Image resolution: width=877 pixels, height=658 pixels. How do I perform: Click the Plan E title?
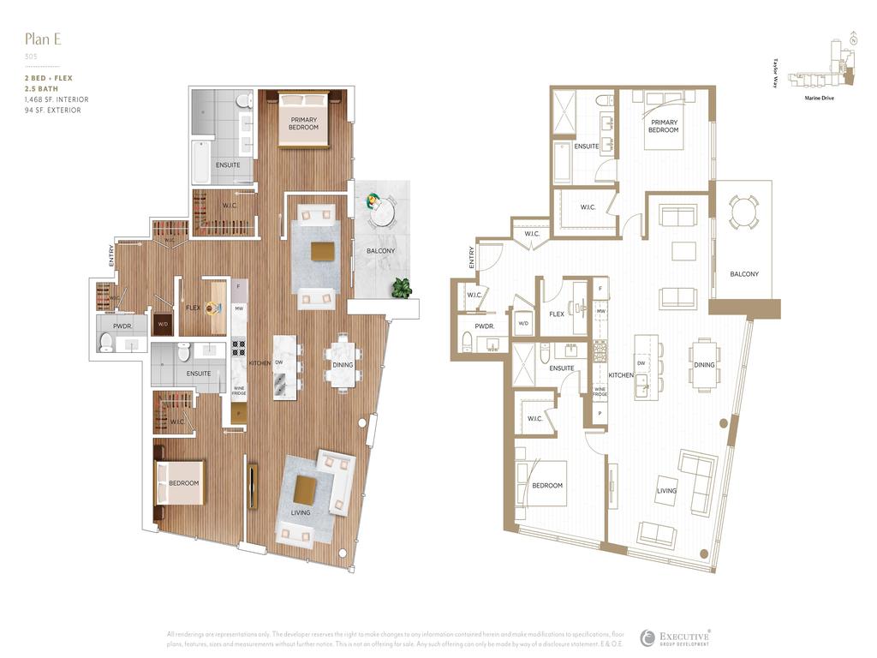point(44,39)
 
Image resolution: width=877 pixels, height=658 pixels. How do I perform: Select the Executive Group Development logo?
point(676,638)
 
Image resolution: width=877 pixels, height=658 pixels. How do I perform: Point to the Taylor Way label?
point(774,74)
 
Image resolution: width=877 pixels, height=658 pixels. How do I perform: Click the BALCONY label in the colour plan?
point(380,251)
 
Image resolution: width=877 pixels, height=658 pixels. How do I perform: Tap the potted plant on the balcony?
point(400,289)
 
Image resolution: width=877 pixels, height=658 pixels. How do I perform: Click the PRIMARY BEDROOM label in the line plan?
point(663,126)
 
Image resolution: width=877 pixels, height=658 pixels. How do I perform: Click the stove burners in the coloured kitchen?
point(239,347)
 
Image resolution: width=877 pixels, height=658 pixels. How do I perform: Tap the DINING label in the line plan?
point(704,365)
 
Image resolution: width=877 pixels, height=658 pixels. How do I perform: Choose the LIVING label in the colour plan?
point(300,512)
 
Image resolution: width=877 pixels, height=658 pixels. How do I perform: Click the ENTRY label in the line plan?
point(471,258)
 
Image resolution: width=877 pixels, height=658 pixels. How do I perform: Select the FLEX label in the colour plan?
point(194,308)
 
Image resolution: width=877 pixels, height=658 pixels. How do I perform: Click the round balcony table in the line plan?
point(744,211)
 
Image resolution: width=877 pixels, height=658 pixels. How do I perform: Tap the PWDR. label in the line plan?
point(484,326)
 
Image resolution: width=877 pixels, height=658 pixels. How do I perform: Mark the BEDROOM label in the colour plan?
point(183,483)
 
